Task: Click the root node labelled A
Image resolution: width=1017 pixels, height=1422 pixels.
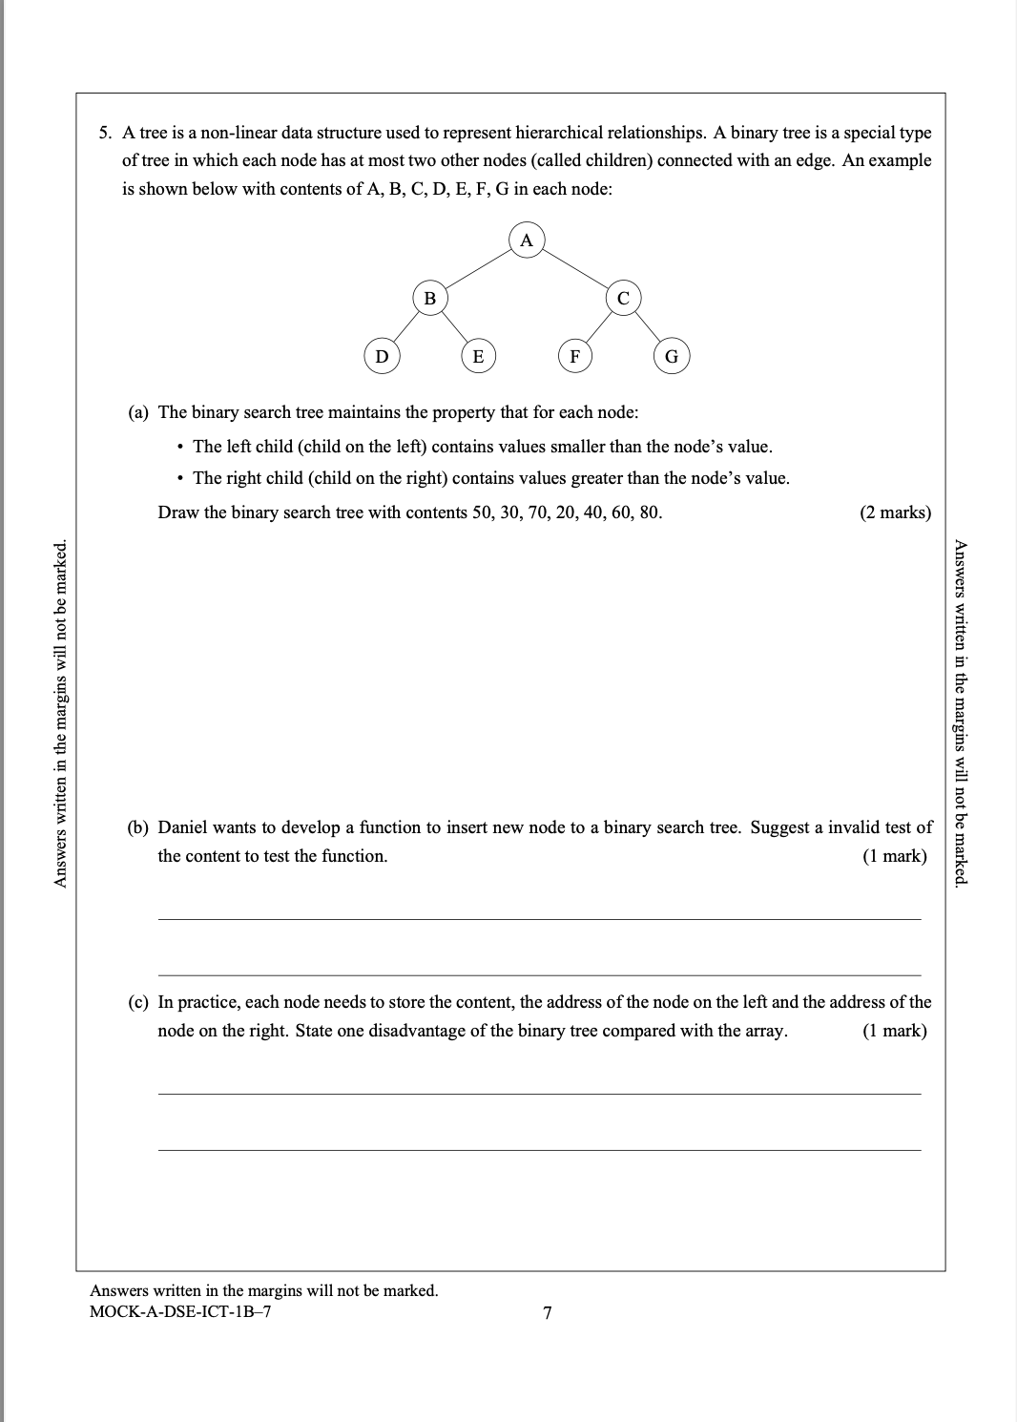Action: coord(526,240)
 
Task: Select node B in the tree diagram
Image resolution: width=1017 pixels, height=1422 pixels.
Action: coord(429,299)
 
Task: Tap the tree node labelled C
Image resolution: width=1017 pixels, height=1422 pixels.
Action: coord(623,299)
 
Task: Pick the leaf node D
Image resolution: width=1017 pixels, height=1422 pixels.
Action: coord(382,357)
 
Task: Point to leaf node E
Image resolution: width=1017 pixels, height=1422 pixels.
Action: coord(478,357)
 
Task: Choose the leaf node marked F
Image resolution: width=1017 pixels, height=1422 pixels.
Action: coord(574,357)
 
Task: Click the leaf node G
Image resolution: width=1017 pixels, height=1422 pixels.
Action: coord(671,357)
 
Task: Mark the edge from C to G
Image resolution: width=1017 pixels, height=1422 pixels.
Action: coord(648,328)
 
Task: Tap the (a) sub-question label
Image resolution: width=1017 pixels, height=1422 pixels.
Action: coord(139,412)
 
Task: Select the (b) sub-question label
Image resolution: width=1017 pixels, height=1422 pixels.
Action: coord(139,827)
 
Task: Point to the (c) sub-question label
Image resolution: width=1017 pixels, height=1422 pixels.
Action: coord(139,1002)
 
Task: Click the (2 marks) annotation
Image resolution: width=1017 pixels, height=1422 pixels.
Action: coord(895,512)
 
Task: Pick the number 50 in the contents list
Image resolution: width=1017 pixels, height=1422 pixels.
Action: coord(482,512)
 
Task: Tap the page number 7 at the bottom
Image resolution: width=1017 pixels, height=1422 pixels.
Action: coord(547,1313)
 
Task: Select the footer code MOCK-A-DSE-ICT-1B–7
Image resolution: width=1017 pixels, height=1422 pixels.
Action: coord(180,1311)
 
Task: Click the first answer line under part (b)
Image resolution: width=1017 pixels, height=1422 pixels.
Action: coord(539,919)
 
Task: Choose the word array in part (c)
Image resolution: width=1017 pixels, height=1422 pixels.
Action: coord(766,1031)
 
